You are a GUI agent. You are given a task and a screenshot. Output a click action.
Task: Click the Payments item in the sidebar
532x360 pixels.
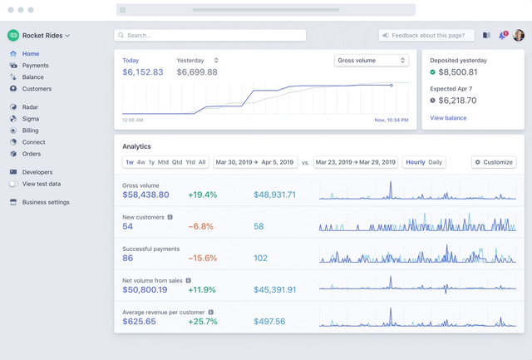pos(35,66)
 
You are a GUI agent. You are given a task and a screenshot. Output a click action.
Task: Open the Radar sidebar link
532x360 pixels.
pos(30,107)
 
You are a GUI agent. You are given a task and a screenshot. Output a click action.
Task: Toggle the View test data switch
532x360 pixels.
pos(13,184)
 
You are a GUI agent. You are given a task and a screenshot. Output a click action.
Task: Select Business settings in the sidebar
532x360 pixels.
pos(46,202)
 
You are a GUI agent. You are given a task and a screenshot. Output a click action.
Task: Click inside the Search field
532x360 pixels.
pos(210,35)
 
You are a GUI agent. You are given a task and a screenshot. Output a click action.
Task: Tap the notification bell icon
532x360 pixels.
pos(502,35)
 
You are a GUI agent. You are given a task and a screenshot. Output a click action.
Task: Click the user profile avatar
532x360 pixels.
pos(519,35)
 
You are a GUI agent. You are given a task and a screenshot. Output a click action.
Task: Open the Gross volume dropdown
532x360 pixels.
pos(372,61)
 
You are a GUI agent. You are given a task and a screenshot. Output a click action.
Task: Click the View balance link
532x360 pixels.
pos(448,118)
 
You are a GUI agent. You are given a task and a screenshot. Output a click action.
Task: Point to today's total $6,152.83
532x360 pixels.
pos(143,72)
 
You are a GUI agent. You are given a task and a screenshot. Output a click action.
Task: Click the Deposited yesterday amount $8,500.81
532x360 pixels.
pos(458,72)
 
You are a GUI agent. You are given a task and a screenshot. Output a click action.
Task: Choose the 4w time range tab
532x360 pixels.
pos(141,162)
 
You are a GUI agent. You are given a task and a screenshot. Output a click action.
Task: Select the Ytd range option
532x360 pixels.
pos(190,162)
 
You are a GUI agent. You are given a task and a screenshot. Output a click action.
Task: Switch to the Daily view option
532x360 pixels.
pos(436,162)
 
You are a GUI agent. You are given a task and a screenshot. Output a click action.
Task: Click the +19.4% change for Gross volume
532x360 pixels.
pos(203,195)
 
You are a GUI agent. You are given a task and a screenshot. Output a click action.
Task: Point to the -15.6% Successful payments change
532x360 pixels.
pos(203,259)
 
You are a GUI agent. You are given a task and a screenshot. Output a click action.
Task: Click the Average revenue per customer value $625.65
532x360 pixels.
pos(139,321)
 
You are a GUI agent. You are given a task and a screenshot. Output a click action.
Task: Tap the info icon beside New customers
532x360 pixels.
pos(170,217)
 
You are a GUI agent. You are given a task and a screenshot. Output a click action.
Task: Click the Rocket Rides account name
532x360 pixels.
pos(42,36)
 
